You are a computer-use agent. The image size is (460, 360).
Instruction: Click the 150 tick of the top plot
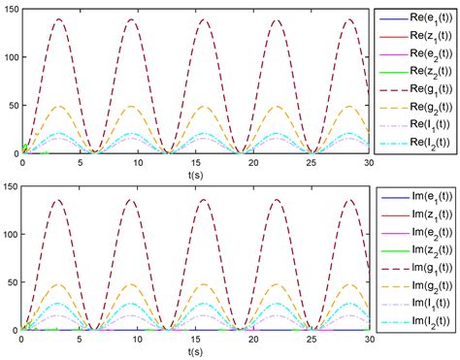(10, 10)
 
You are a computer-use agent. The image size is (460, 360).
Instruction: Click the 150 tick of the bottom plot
(10, 186)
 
